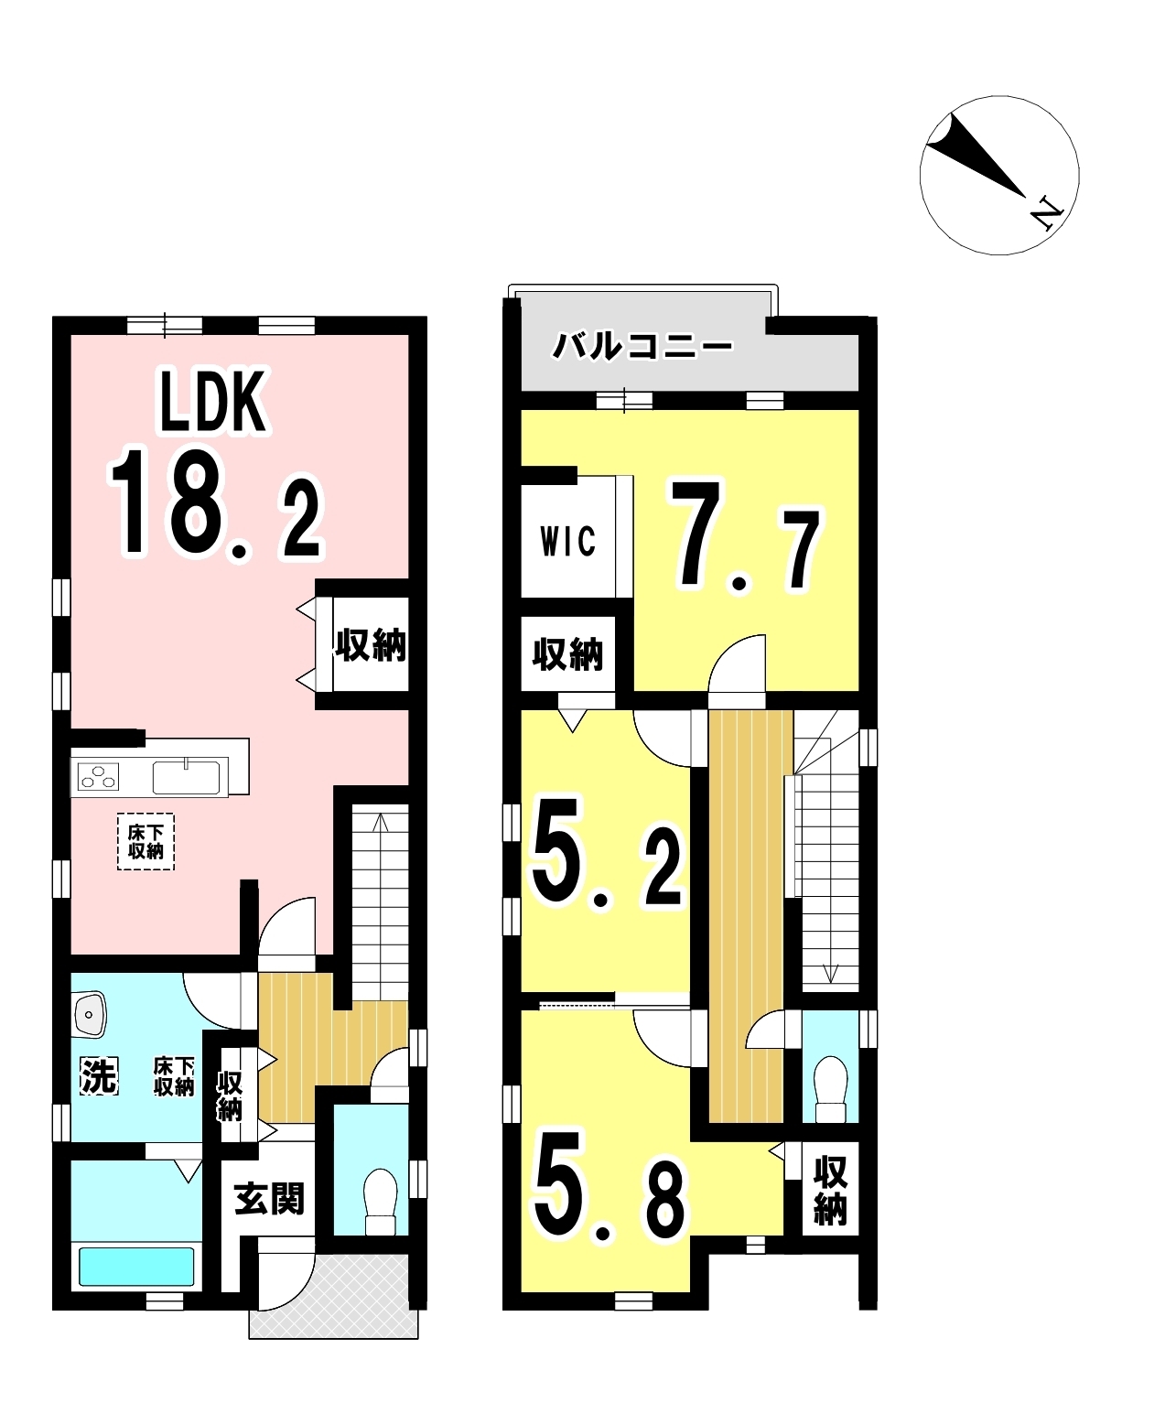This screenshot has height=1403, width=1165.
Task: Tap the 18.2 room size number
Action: click(x=216, y=503)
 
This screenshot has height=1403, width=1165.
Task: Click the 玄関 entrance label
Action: click(x=269, y=1199)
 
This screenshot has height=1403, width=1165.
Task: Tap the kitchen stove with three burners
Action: click(x=98, y=777)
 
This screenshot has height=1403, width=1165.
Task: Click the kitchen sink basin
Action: click(x=186, y=777)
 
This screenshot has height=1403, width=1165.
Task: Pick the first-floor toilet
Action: click(x=380, y=1211)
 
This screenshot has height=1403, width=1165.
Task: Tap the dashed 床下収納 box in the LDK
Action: click(x=146, y=843)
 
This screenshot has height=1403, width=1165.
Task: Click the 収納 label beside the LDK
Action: click(x=371, y=645)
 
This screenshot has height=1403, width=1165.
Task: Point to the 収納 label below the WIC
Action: click(x=567, y=653)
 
